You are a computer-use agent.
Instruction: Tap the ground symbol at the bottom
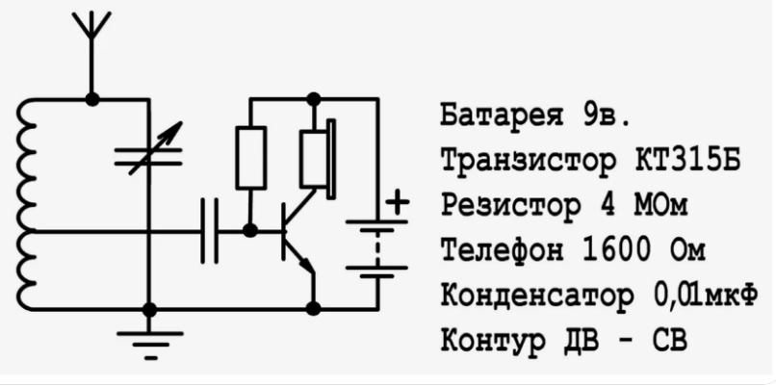point(149,340)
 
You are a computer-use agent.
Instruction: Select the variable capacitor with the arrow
point(149,155)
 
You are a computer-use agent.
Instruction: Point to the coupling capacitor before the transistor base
point(209,231)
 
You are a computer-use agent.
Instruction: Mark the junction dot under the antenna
point(91,98)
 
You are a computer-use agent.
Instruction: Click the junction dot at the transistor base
point(250,231)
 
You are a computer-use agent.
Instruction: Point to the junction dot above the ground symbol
point(149,309)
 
